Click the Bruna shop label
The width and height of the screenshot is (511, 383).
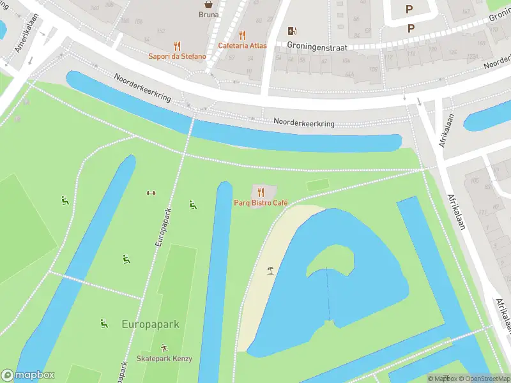[208, 15]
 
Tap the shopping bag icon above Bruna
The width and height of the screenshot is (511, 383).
[208, 4]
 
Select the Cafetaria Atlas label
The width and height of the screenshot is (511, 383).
[242, 45]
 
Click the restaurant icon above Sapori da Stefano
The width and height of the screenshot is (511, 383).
[178, 46]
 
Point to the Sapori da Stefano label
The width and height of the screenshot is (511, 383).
[178, 56]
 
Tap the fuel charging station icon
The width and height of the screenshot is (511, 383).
[293, 31]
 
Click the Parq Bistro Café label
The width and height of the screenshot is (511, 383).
[260, 203]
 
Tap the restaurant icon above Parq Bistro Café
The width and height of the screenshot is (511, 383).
[260, 191]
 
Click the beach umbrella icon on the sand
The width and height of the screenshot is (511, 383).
[271, 270]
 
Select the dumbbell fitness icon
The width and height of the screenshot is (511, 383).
[151, 193]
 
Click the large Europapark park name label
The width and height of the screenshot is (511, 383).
[150, 324]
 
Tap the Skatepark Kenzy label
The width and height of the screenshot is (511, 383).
[164, 359]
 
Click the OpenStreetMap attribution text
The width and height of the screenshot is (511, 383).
[485, 379]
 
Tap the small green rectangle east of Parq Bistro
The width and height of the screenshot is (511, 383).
[317, 184]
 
